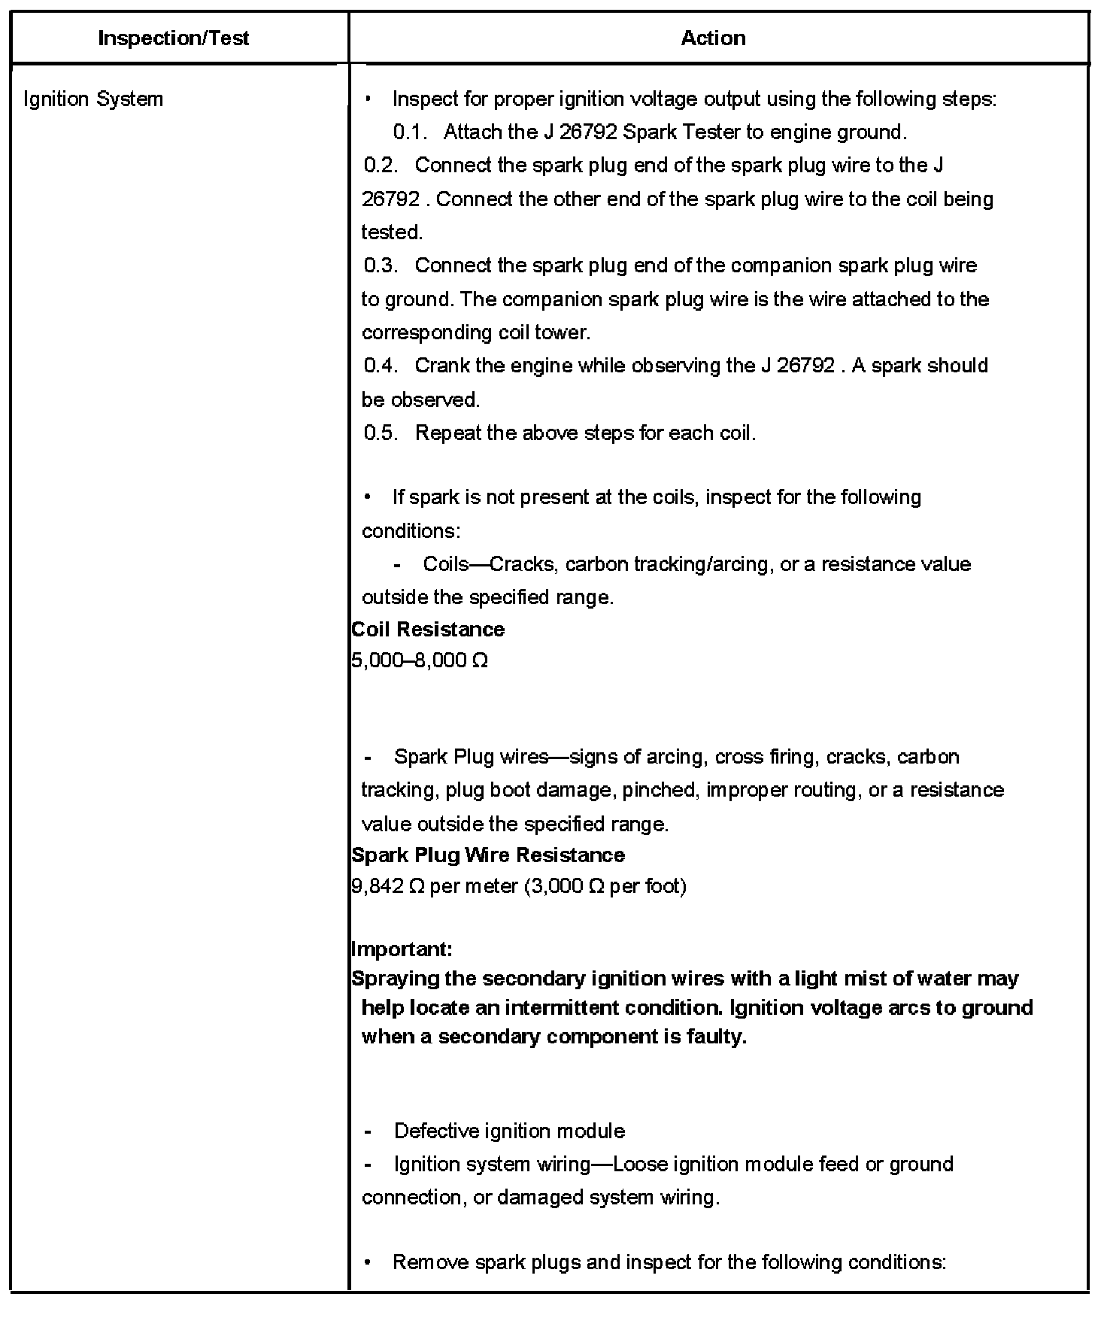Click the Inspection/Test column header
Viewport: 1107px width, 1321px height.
point(173,38)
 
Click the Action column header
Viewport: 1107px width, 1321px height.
point(713,38)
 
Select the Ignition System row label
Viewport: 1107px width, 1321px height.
point(93,99)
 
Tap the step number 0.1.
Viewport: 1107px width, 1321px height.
point(410,132)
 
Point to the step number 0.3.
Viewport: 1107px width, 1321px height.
point(381,266)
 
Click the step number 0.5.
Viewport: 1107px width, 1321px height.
point(381,433)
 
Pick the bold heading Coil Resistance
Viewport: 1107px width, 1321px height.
point(428,629)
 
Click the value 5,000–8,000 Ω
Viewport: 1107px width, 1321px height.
point(420,660)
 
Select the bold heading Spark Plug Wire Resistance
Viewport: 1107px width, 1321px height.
point(488,855)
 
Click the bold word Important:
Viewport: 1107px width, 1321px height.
point(402,949)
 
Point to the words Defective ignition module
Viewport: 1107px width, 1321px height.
point(509,1131)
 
